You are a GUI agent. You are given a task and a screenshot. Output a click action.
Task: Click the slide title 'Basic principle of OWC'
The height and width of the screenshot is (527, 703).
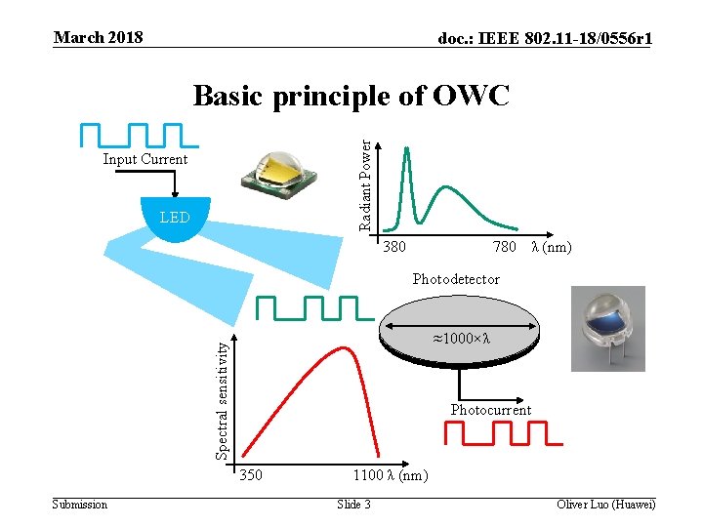(x=351, y=96)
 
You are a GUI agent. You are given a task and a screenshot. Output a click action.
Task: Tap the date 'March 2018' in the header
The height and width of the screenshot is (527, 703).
(x=99, y=37)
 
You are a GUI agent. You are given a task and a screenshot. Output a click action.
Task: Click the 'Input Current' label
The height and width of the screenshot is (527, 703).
(x=145, y=159)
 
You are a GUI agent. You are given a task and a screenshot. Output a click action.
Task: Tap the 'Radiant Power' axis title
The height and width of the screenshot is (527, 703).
(x=365, y=184)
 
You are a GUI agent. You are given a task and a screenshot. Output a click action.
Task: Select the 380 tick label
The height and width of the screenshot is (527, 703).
(x=394, y=248)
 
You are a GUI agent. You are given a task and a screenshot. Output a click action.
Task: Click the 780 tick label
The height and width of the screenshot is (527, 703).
(x=505, y=248)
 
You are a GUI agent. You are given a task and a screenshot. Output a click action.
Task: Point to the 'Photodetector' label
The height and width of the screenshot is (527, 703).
(x=456, y=279)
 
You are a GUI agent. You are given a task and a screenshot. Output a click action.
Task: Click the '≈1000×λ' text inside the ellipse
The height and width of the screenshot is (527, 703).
(x=460, y=339)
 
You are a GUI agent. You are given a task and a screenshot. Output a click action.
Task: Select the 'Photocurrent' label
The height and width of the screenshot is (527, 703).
(x=491, y=410)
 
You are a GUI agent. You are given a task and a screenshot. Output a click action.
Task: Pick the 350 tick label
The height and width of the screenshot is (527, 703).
(x=250, y=476)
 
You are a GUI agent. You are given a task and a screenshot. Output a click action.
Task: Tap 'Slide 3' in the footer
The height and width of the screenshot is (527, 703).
(x=353, y=504)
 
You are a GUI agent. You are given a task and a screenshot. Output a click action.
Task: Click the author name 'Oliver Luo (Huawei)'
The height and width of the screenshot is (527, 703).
(x=605, y=504)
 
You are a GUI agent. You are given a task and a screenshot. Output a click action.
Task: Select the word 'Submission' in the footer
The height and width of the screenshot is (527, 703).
(x=80, y=504)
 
